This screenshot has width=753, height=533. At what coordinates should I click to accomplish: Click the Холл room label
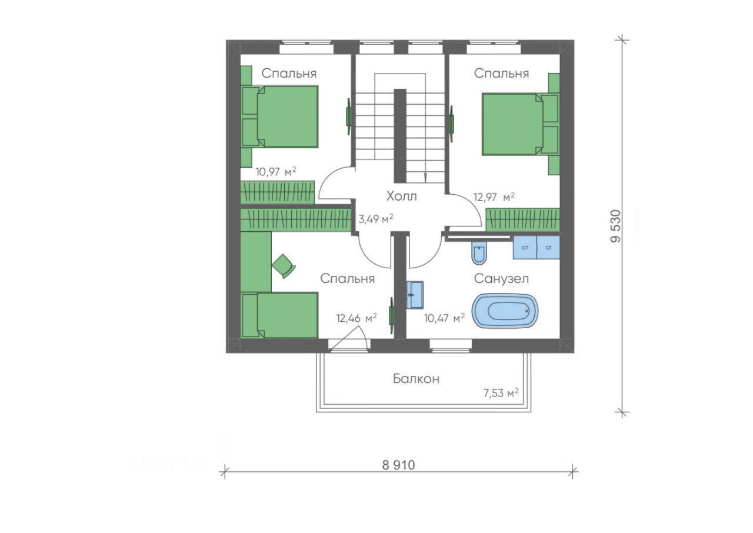click(x=401, y=196)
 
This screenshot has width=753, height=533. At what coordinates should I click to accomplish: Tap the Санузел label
click(x=501, y=279)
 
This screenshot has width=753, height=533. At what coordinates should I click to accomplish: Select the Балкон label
click(x=416, y=379)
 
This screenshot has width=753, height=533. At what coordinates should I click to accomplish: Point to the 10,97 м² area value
click(x=276, y=172)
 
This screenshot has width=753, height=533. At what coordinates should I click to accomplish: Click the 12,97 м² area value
click(x=494, y=196)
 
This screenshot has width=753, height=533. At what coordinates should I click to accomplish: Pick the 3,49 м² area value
click(x=375, y=219)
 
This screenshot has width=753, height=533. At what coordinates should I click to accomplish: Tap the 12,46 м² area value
click(x=356, y=318)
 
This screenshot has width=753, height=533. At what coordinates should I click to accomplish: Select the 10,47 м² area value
click(x=444, y=318)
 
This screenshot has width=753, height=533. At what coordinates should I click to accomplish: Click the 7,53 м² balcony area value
click(x=501, y=393)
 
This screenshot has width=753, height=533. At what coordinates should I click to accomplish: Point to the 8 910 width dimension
click(x=398, y=465)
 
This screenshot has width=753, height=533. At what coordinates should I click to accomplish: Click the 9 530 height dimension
click(x=615, y=226)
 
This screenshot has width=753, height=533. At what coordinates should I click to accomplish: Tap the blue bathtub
click(x=505, y=311)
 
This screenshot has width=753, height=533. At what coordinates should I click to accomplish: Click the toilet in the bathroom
click(x=479, y=252)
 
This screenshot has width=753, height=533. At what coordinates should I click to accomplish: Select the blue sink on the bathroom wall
click(x=415, y=295)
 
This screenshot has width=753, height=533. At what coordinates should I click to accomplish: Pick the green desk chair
click(x=284, y=266)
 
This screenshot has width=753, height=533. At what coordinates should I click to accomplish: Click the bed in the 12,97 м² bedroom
click(x=520, y=124)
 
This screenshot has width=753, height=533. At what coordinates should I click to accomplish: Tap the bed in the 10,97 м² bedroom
click(x=279, y=116)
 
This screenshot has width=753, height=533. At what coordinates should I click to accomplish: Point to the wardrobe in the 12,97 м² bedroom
click(x=523, y=220)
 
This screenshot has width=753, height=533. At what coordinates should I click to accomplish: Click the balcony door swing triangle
click(x=347, y=339)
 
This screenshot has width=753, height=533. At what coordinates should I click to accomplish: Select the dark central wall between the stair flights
click(x=400, y=136)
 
